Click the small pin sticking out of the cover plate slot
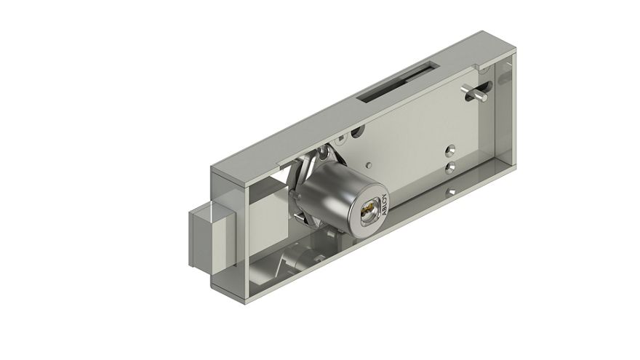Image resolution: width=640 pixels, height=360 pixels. click(473, 92)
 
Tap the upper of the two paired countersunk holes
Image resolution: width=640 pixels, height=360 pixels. click(451, 151)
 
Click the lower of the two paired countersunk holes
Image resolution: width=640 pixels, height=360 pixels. click(451, 167)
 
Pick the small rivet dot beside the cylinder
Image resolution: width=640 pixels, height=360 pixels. click(369, 165)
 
